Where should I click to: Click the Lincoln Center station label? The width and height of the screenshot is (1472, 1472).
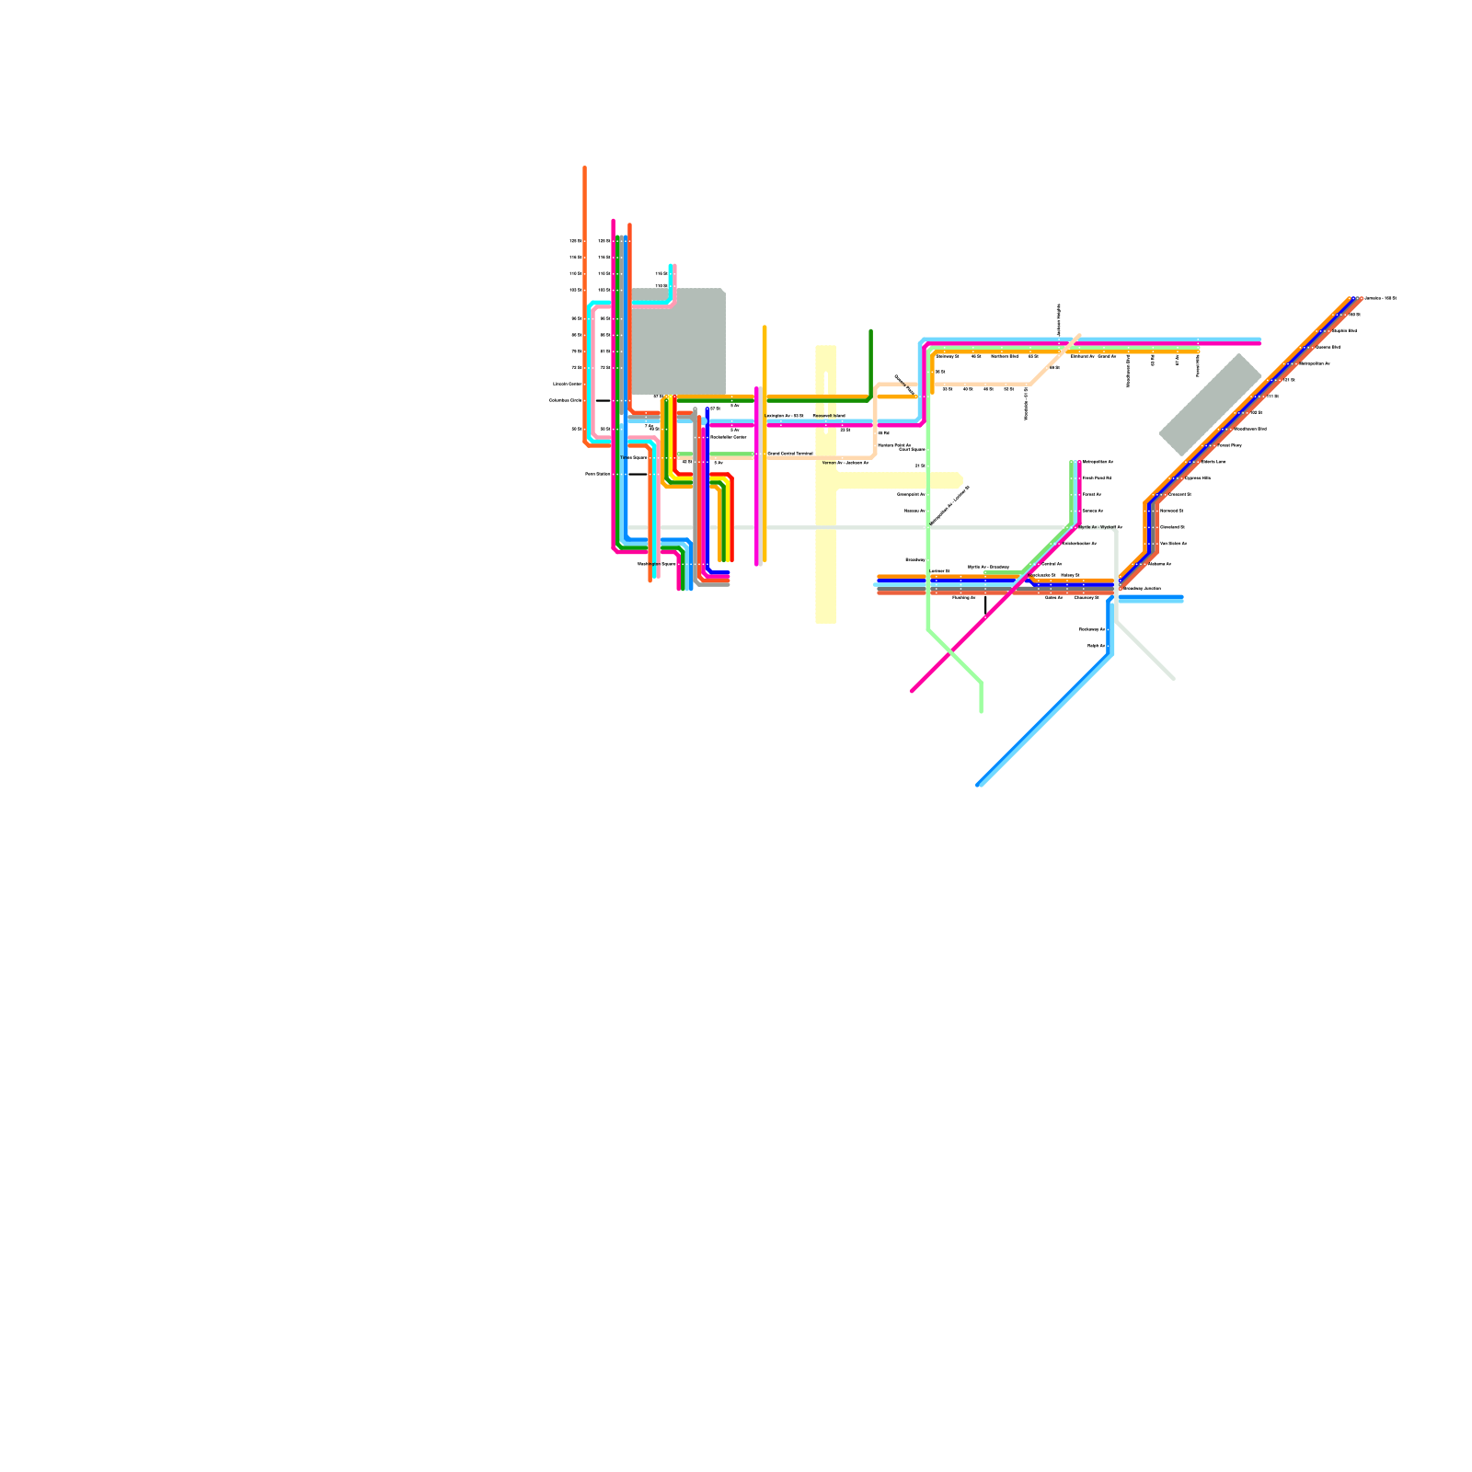click(567, 384)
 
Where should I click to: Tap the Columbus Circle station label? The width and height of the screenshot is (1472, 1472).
click(565, 400)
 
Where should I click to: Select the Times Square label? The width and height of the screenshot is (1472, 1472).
click(633, 457)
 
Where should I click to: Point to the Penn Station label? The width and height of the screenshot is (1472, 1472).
click(597, 474)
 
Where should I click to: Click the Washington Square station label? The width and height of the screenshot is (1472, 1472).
click(655, 564)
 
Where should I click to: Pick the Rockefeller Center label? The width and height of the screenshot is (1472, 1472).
click(728, 437)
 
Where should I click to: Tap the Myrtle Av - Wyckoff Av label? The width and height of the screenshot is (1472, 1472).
click(1099, 527)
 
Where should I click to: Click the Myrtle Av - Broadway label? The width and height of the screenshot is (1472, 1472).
click(988, 567)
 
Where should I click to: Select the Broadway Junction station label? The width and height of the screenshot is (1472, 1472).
click(1142, 588)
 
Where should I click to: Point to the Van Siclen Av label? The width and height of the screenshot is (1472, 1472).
click(1173, 544)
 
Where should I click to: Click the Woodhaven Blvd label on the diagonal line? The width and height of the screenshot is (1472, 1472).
click(1250, 429)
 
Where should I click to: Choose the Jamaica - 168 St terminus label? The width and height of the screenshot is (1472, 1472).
click(1379, 298)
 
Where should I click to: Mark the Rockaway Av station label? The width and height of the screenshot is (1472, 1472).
click(1091, 629)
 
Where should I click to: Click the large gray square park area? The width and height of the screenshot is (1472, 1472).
click(678, 341)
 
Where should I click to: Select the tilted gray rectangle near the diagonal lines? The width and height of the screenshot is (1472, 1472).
click(1210, 405)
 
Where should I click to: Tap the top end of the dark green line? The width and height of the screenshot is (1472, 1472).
click(870, 331)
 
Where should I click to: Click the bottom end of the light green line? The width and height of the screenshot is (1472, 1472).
click(982, 710)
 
